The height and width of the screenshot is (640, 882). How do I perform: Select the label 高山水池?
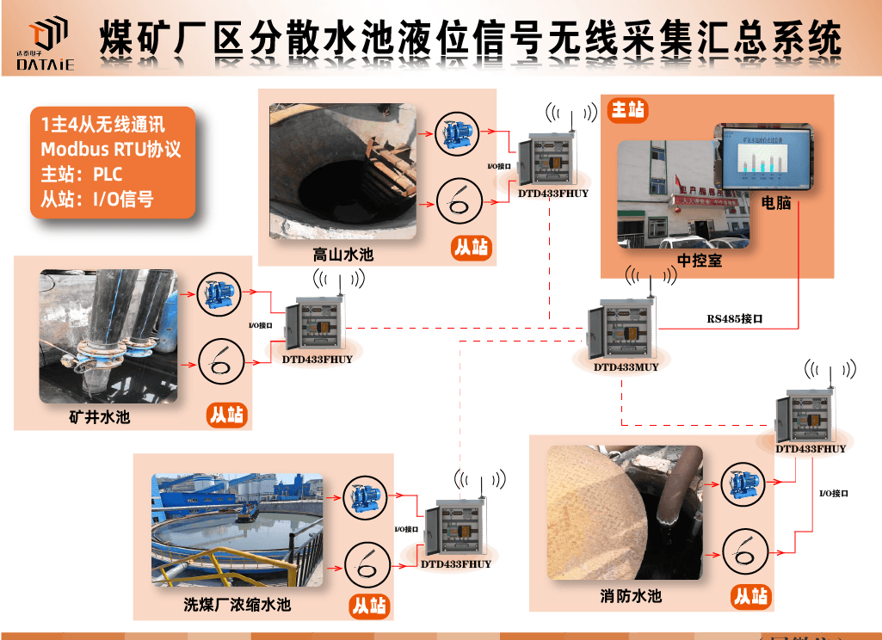343,255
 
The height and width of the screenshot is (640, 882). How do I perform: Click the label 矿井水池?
99,418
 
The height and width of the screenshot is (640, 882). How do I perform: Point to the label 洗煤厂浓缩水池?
237,605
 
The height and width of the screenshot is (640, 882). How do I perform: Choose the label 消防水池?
631,596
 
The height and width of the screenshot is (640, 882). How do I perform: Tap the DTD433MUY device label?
626,367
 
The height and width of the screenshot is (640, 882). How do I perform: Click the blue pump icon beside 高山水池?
453,133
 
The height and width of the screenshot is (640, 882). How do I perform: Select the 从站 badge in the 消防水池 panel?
751,596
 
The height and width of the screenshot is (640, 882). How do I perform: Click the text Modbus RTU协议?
111,149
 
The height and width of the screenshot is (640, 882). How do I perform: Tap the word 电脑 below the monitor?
777,204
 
